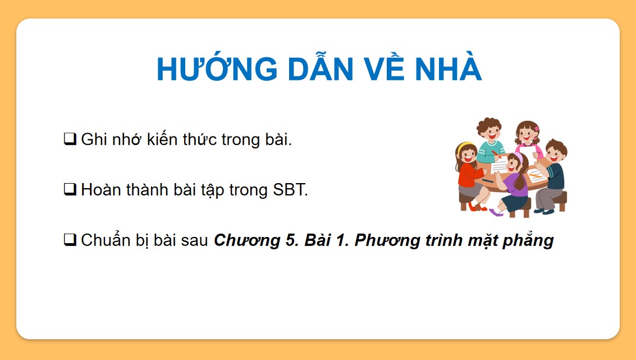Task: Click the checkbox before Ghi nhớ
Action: pos(70,139)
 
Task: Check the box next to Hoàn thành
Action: pos(70,189)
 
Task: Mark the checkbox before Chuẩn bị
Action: pos(70,240)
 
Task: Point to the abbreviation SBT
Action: pos(290,190)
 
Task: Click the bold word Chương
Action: pos(242,240)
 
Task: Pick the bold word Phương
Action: pos(381,240)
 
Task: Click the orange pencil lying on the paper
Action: pos(536,176)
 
